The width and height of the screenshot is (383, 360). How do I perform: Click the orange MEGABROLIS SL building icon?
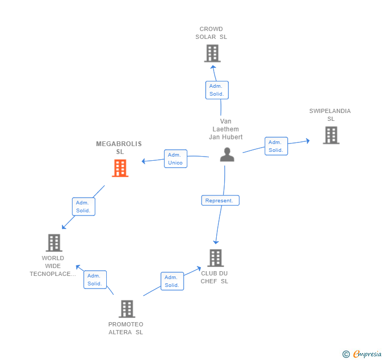(x=120, y=168)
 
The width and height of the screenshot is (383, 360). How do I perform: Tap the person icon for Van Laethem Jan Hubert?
(x=227, y=155)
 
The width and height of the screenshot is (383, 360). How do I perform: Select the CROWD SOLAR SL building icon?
(x=213, y=53)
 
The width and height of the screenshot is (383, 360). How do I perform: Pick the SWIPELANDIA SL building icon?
(x=331, y=135)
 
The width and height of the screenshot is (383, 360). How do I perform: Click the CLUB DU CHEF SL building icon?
(x=216, y=258)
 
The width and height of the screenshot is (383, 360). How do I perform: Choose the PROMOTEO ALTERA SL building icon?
(x=127, y=309)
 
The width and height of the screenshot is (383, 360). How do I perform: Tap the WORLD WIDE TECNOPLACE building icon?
(x=54, y=243)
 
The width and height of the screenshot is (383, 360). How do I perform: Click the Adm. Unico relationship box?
(x=176, y=159)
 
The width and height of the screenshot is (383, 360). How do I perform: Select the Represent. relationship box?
(x=220, y=200)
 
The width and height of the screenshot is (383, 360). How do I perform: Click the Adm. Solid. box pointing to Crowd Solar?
(x=217, y=90)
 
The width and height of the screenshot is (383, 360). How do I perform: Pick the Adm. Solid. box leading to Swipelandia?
(x=276, y=146)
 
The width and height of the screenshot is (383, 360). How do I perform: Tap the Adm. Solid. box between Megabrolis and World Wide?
(x=84, y=207)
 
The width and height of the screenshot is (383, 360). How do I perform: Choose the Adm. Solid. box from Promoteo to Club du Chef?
(x=172, y=281)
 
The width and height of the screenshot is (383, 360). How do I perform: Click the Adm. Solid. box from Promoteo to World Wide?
(x=95, y=280)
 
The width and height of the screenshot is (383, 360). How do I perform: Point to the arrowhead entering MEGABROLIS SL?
(x=144, y=161)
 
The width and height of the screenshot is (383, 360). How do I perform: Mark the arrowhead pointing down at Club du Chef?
(x=216, y=242)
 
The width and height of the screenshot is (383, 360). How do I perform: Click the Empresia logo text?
(x=367, y=354)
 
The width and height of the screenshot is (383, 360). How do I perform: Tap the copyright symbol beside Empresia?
(x=346, y=354)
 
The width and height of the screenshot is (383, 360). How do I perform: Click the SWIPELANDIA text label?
(x=330, y=111)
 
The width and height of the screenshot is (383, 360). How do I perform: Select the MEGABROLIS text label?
(x=119, y=144)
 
